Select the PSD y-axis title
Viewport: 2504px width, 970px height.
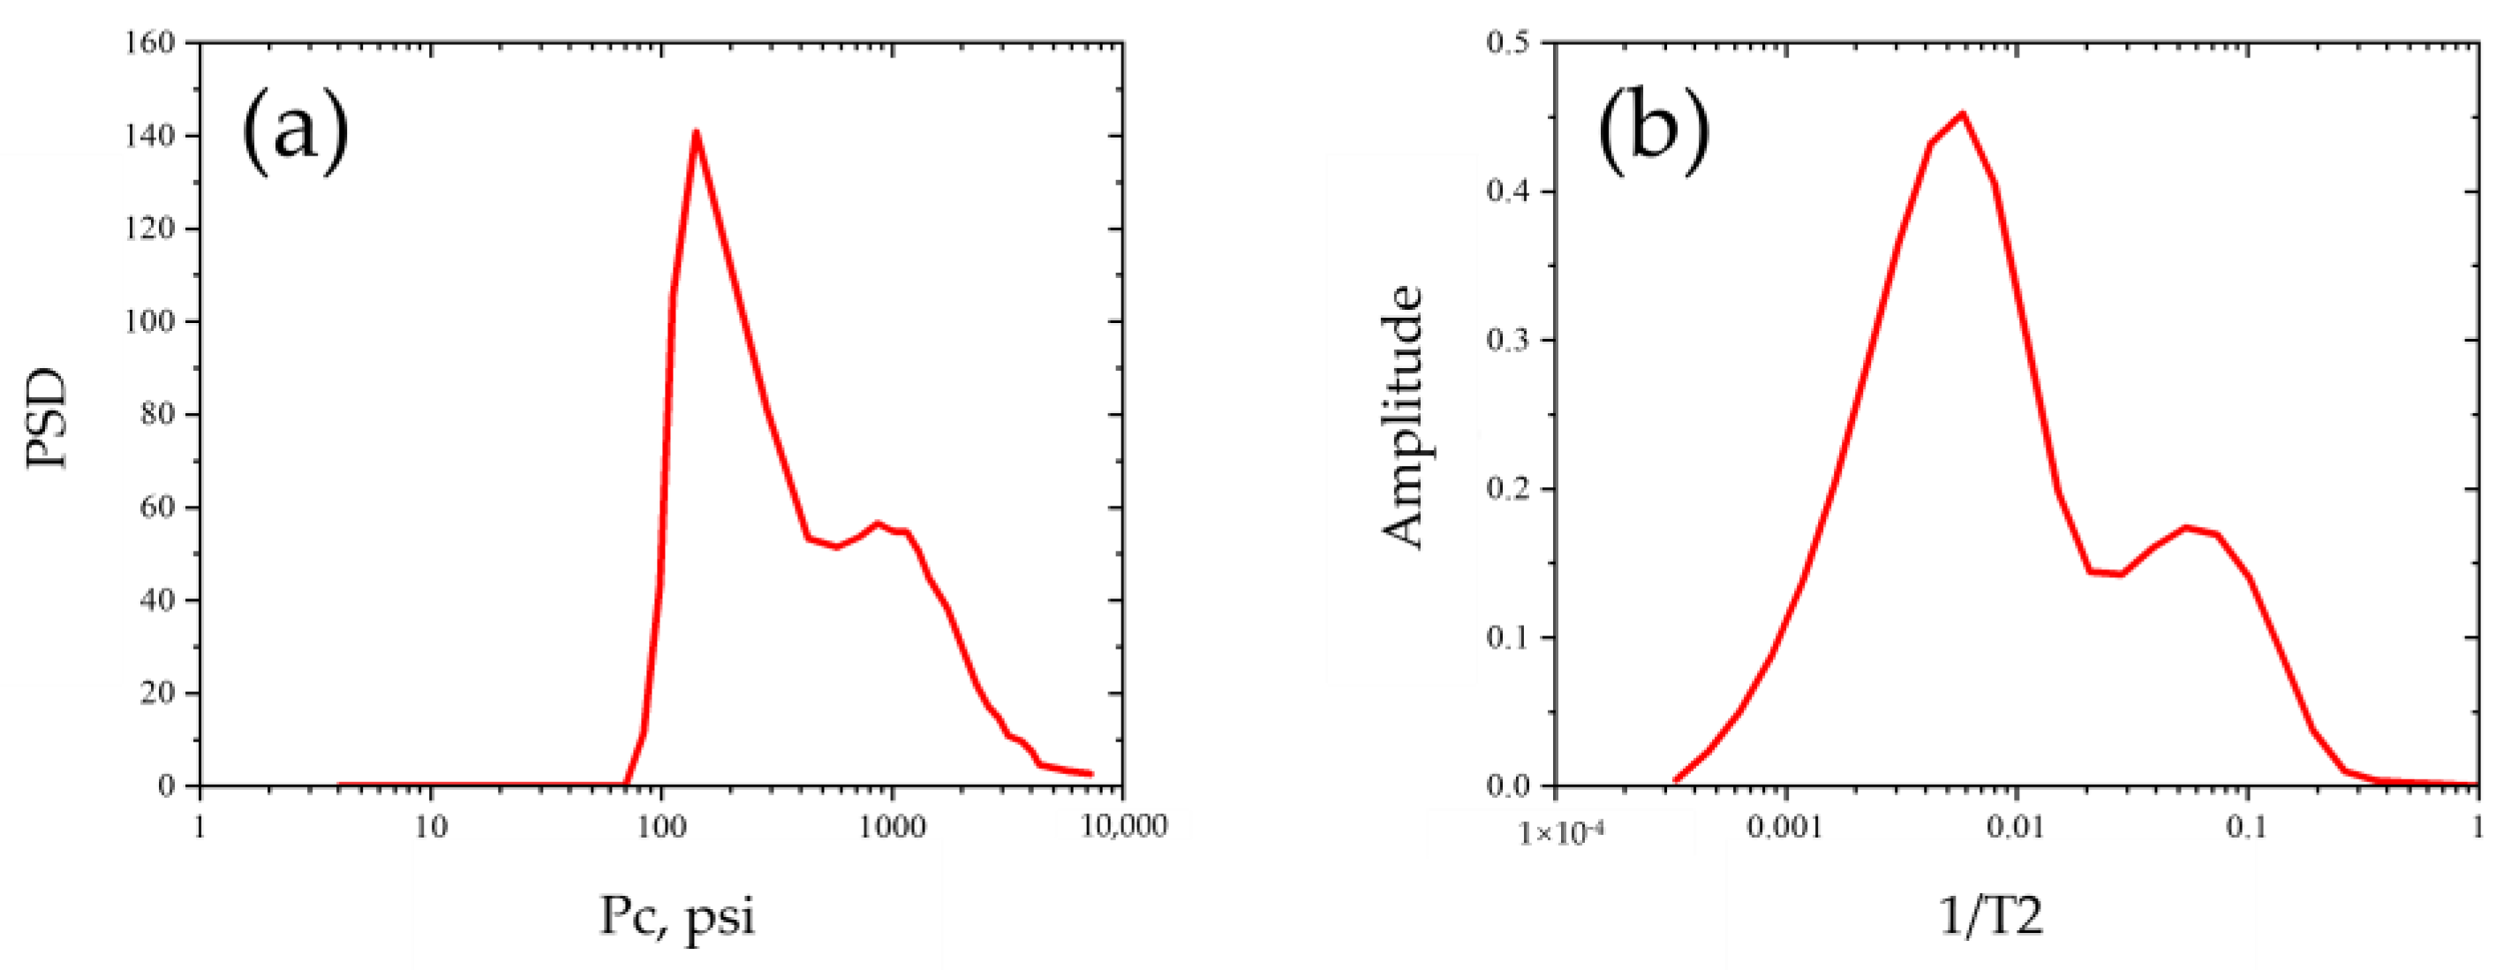pyautogui.click(x=47, y=418)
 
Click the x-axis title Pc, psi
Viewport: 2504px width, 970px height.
pyautogui.click(x=676, y=915)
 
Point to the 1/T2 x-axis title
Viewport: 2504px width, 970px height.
pyautogui.click(x=1992, y=915)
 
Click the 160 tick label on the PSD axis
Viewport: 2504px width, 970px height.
pyautogui.click(x=150, y=42)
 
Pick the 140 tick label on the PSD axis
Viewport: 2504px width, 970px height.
pyautogui.click(x=150, y=136)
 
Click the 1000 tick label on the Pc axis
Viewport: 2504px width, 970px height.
pyautogui.click(x=892, y=827)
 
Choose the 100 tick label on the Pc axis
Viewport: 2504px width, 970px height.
pyautogui.click(x=662, y=827)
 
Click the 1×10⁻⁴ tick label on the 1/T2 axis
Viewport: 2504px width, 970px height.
pyautogui.click(x=1553, y=831)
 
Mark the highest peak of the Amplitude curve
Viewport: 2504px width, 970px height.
pyautogui.click(x=1963, y=113)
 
